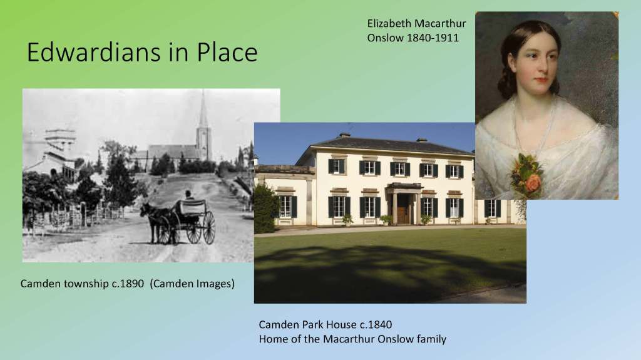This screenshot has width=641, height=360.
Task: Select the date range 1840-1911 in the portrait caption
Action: pyautogui.click(x=433, y=38)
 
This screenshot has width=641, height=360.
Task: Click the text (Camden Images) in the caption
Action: pyautogui.click(x=192, y=284)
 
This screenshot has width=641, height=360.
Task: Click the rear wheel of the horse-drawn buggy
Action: pyautogui.click(x=208, y=228)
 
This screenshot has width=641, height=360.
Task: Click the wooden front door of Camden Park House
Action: pyautogui.click(x=403, y=210)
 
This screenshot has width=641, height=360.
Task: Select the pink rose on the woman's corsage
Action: pyautogui.click(x=533, y=183)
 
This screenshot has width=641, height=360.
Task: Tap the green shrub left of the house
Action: pyautogui.click(x=265, y=208)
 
